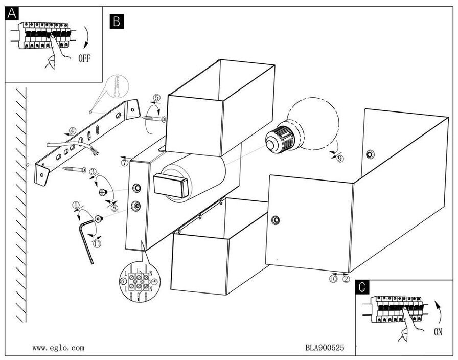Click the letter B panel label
coord(117,20)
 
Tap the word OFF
coord(84,58)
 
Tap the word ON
coord(438,332)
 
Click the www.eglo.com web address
coord(58,348)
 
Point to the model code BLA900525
coord(325,348)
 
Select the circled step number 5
coord(156,98)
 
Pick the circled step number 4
coord(73,131)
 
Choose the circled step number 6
coord(122,281)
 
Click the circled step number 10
coord(333,279)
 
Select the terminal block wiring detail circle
coord(139,282)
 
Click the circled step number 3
coord(93,172)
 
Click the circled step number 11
coord(97,244)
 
